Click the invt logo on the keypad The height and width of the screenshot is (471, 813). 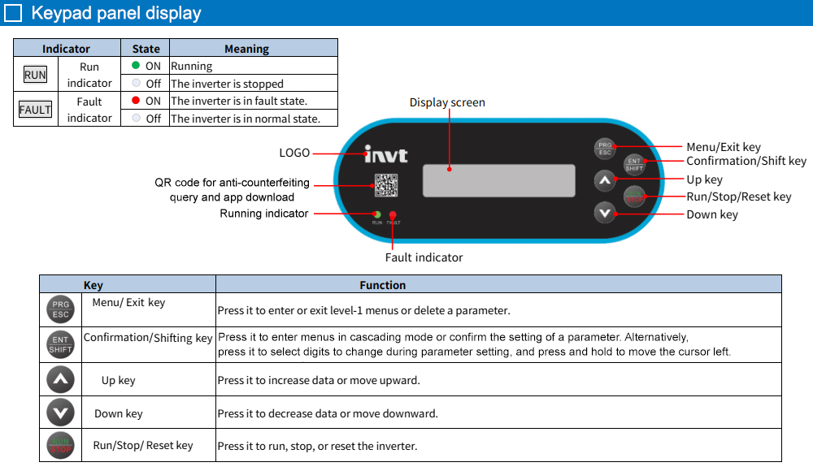point(385,154)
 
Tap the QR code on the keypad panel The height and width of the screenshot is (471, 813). point(385,185)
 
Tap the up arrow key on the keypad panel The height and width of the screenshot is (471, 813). point(604,180)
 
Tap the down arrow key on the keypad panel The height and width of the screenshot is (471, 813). point(604,213)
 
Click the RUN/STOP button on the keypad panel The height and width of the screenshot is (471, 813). point(634,196)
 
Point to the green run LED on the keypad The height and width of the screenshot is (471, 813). point(377,214)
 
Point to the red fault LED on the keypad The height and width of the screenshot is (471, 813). point(393,214)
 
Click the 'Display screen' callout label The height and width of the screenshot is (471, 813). point(447,102)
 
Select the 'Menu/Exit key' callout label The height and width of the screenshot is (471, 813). point(724,147)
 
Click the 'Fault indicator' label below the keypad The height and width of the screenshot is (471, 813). point(424,257)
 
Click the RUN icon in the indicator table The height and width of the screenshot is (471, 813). point(35,75)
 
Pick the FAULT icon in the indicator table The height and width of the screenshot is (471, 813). point(35,110)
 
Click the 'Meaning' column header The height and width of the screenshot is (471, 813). point(246,49)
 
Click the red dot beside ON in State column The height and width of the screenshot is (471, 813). point(136,101)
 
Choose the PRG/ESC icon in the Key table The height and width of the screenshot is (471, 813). point(60,310)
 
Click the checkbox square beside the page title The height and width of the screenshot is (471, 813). point(13,13)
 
